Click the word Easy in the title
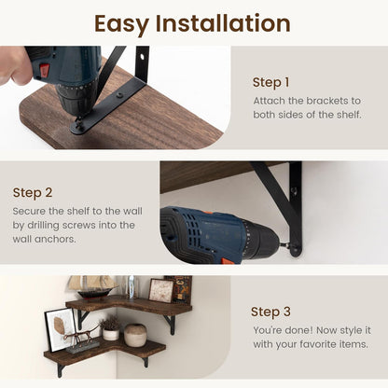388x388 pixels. pos(121,24)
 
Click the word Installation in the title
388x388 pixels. pos(223,23)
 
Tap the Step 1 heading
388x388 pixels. pos(270,83)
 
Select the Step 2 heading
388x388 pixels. pos(33,193)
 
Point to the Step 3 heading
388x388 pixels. pos(270,312)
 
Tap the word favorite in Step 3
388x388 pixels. pos(314,344)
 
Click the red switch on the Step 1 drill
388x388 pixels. pos(45,71)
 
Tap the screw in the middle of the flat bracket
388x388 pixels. pos(118,95)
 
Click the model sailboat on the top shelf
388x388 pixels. pos(92,288)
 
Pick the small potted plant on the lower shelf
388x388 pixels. pos(110,328)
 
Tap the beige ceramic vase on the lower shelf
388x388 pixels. pos(135,336)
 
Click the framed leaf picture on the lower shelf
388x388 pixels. pos(60,330)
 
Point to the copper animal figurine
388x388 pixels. pos(78,337)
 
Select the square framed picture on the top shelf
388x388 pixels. pos(161,291)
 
